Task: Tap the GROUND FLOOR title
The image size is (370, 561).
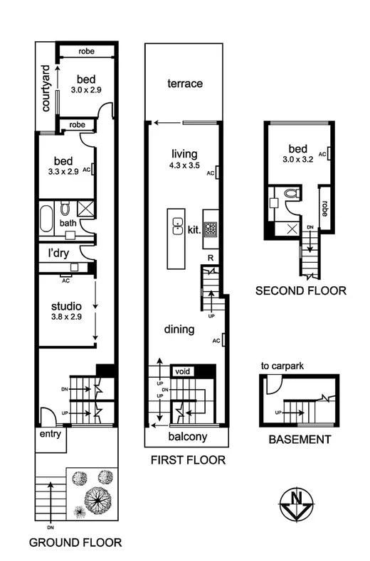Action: [x=74, y=544]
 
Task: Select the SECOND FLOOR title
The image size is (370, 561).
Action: [x=300, y=290]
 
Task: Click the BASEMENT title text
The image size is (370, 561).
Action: [x=300, y=440]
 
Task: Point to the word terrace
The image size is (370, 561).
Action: [x=185, y=84]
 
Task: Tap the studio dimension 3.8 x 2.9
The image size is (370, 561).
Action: [x=66, y=317]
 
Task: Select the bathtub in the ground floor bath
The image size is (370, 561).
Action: [x=46, y=219]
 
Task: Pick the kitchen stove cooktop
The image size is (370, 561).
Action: [x=211, y=229]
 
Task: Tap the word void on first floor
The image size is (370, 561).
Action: [x=183, y=371]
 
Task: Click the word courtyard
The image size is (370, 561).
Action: [x=46, y=89]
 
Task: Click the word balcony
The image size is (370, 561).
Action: [x=187, y=437]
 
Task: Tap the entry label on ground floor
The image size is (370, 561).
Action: [x=51, y=432]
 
